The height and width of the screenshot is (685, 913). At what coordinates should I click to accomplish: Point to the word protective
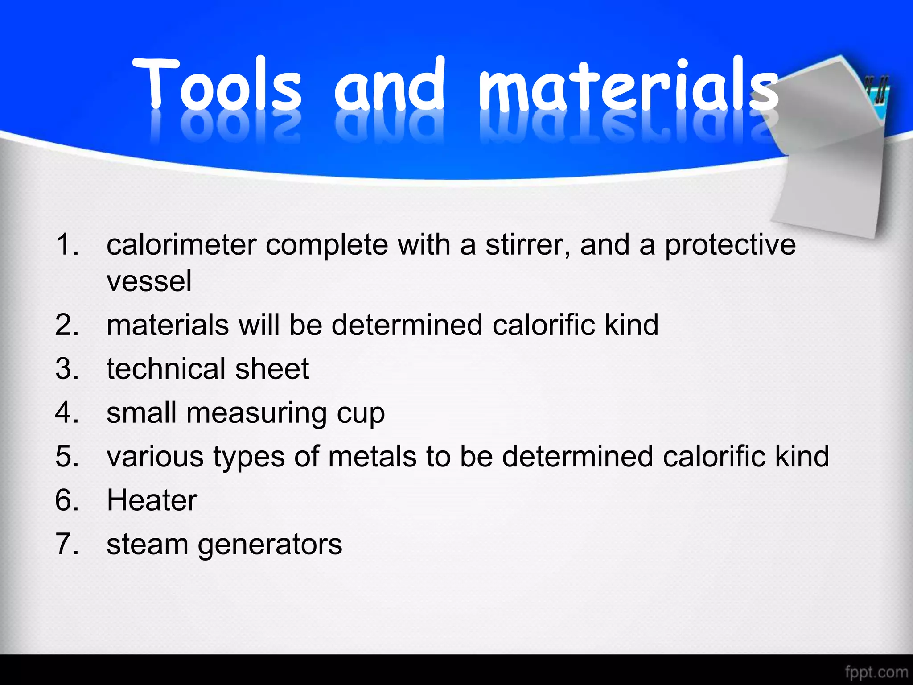[730, 246]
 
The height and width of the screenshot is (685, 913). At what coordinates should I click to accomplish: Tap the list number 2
[67, 325]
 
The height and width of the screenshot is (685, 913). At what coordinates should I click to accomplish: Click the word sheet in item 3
[272, 369]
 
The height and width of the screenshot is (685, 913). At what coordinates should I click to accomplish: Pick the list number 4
[67, 413]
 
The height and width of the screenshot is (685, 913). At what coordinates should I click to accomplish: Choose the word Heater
[152, 500]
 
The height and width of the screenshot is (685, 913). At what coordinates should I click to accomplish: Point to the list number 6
[67, 500]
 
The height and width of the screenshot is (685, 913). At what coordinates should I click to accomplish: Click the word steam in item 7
[148, 544]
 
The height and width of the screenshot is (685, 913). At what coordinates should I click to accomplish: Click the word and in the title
[390, 85]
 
